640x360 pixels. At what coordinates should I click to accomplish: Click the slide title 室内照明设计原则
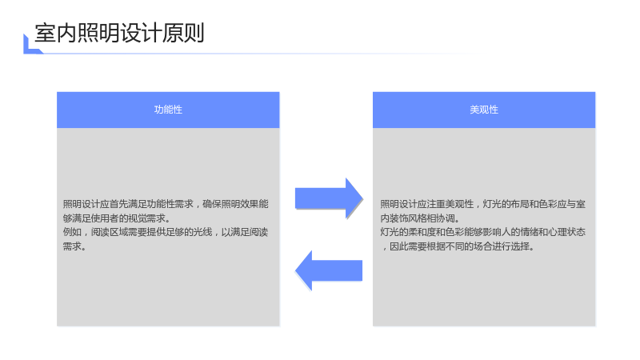(x=119, y=33)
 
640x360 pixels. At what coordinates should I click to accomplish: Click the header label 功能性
(x=168, y=110)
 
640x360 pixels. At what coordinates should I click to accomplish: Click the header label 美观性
(x=484, y=110)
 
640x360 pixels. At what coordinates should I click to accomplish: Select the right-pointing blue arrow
(x=329, y=198)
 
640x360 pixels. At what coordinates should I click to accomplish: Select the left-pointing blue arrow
(x=329, y=270)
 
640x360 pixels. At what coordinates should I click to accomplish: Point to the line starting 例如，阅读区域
(x=166, y=232)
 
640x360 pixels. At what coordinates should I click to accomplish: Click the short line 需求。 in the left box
(x=74, y=246)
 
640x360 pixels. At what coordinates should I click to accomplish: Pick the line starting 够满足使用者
(x=116, y=218)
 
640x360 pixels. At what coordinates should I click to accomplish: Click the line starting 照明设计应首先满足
(x=166, y=204)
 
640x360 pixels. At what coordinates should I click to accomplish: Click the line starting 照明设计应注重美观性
(x=483, y=204)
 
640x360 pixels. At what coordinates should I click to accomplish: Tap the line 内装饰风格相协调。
(x=420, y=218)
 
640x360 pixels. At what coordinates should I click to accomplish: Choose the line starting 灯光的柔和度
(x=483, y=232)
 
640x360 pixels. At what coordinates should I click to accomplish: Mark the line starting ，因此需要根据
(x=458, y=246)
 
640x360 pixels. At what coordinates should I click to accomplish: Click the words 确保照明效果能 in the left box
(x=235, y=204)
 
